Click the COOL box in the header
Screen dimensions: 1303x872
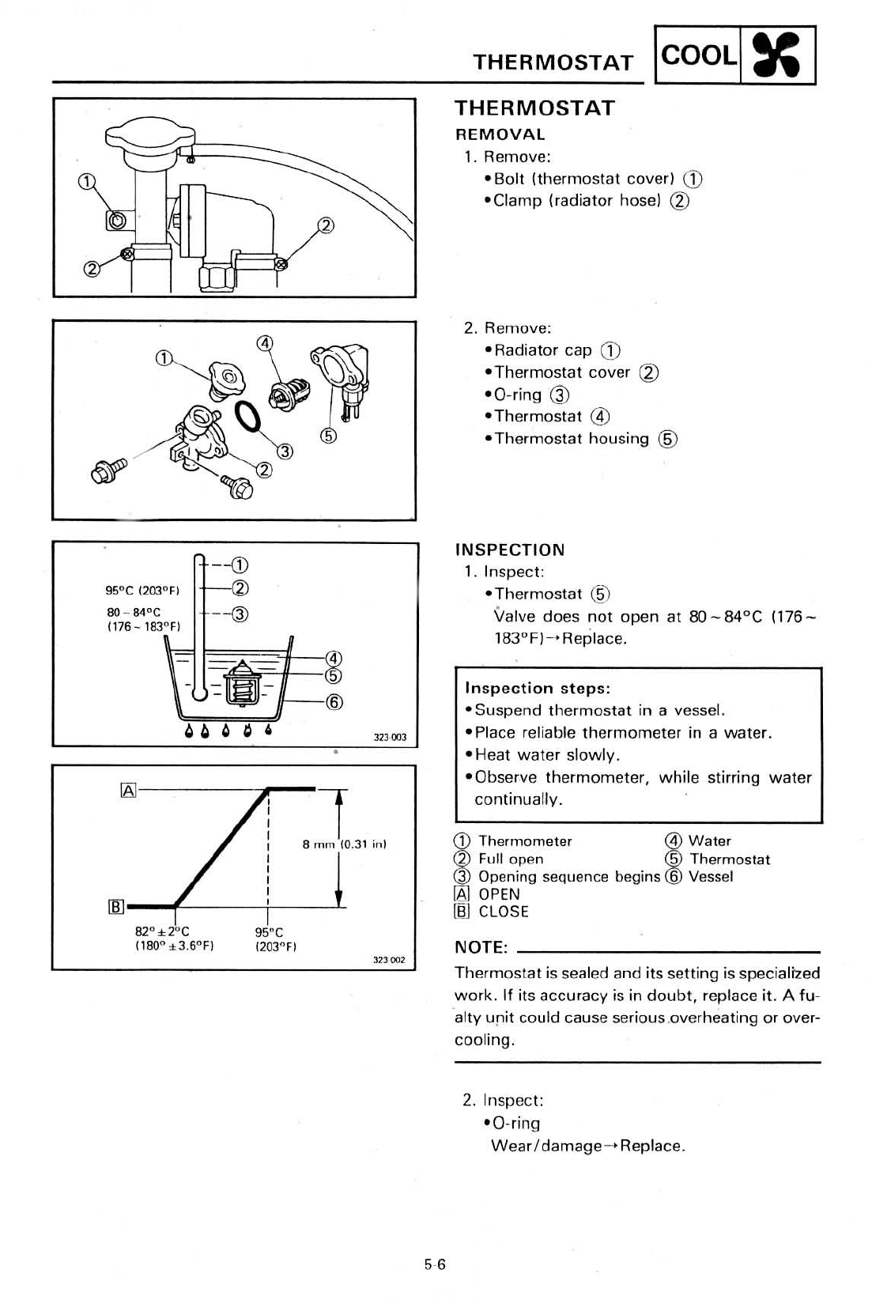[x=698, y=55]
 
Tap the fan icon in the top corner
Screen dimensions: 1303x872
[x=777, y=56]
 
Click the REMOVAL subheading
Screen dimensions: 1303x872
[x=500, y=134]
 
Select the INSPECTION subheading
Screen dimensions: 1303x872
[x=510, y=550]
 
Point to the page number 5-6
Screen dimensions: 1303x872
[x=435, y=1264]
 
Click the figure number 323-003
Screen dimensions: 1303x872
[x=390, y=737]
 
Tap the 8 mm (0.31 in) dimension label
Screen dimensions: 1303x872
[x=345, y=844]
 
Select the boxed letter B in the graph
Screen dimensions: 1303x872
[x=115, y=907]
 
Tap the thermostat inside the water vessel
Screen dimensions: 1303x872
[x=240, y=682]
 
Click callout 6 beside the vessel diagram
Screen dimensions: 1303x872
[x=334, y=701]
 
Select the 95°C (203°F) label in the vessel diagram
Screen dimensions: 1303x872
[x=143, y=590]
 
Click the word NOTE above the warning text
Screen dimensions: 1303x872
[x=481, y=947]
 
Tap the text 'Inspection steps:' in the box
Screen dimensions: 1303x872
[x=538, y=688]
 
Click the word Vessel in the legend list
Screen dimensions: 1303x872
[x=711, y=876]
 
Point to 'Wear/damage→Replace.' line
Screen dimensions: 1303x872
[x=587, y=1146]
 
